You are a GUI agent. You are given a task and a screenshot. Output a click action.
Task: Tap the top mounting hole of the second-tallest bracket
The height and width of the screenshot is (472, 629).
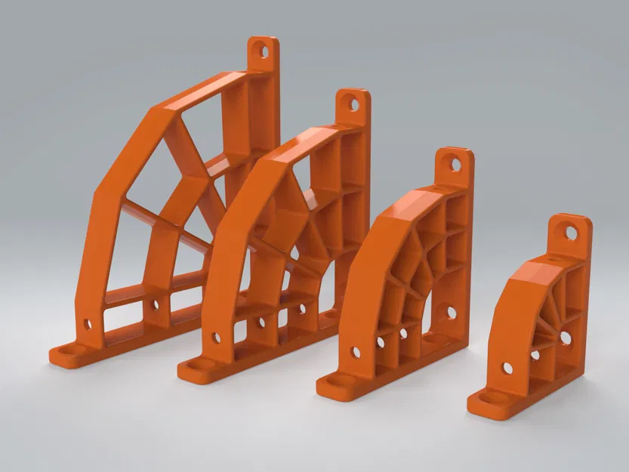point(353,104)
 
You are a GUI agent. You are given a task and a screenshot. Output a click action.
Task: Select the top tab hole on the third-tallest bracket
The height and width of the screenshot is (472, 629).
point(455,163)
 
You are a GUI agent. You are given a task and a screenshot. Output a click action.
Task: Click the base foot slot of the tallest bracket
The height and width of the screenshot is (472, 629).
point(70,351)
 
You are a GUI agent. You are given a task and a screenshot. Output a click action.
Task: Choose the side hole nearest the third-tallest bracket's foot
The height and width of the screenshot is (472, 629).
point(356,352)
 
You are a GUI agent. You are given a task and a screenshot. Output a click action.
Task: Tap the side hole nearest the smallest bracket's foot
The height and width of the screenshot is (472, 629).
point(507,369)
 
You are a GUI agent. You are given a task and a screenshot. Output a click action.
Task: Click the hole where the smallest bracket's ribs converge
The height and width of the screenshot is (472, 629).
point(565,338)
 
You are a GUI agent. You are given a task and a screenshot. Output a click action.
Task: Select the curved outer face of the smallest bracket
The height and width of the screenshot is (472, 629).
point(513,302)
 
